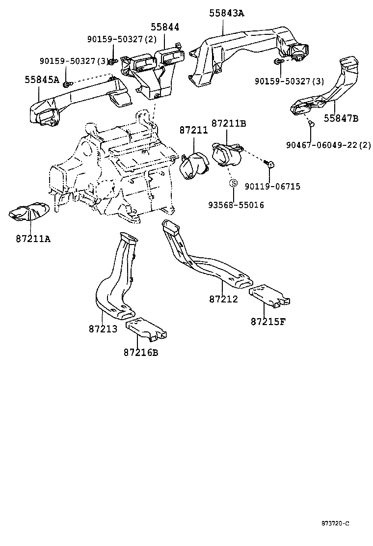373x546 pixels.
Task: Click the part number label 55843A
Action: click(226, 13)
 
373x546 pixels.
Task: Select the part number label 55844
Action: click(164, 29)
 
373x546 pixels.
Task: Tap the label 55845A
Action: click(42, 79)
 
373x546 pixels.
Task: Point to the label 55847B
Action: click(341, 118)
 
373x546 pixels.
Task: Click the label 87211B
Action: click(229, 123)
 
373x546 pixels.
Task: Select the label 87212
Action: click(223, 299)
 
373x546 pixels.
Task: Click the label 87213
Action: click(103, 328)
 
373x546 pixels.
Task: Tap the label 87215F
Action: click(268, 322)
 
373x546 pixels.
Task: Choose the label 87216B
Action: click(141, 352)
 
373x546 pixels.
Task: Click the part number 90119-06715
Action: click(272, 187)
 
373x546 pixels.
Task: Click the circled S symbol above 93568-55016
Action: click(234, 183)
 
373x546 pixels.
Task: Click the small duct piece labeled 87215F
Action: click(269, 296)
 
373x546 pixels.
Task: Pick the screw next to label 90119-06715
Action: click(269, 164)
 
